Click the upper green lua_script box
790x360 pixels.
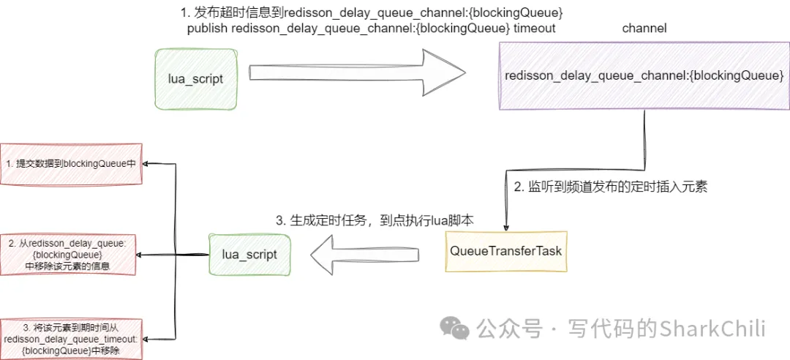197,78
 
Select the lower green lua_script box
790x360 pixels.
249,255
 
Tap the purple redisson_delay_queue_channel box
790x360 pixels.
644,76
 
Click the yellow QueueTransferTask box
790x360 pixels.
505,251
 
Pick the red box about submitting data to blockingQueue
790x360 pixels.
71,164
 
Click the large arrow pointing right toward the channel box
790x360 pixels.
358,72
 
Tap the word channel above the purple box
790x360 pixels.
644,29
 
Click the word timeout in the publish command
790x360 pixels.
535,29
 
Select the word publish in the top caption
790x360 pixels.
208,29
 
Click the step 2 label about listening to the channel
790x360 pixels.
610,187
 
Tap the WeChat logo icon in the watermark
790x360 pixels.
459,329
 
